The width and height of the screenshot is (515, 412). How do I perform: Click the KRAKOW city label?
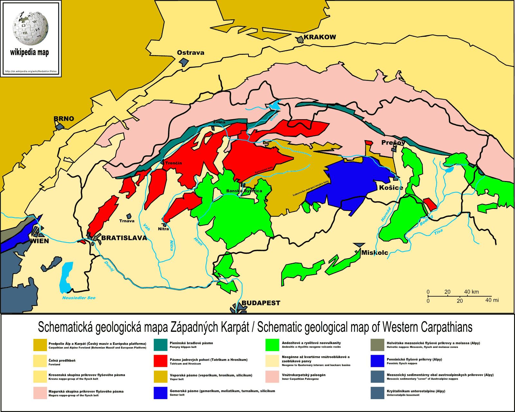tap(320, 37)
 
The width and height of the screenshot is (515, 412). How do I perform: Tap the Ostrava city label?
tap(191, 53)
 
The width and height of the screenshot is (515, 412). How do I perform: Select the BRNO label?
tap(64, 119)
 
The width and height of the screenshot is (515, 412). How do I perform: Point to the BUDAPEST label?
tap(261, 303)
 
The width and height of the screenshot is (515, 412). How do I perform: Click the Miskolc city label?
tap(374, 253)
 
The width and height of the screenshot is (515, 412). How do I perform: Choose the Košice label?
tap(391, 187)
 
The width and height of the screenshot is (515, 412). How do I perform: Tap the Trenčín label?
tap(173, 163)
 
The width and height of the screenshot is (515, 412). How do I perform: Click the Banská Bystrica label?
tap(244, 191)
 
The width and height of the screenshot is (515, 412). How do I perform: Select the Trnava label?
tap(127, 221)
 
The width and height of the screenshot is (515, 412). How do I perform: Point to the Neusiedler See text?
tap(79, 298)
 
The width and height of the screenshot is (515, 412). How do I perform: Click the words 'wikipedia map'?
tap(29, 52)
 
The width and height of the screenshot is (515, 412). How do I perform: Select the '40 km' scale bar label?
tap(471, 292)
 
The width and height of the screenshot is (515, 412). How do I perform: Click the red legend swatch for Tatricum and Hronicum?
tap(160, 361)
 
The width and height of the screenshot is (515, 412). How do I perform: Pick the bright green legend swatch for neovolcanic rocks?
tap(272, 345)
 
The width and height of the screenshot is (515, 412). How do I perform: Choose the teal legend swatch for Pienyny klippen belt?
tap(160, 345)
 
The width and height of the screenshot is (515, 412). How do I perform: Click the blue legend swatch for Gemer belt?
tap(160, 393)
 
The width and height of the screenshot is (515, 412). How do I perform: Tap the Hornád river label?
tap(386, 215)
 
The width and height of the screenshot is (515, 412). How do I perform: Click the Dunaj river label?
tap(109, 266)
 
